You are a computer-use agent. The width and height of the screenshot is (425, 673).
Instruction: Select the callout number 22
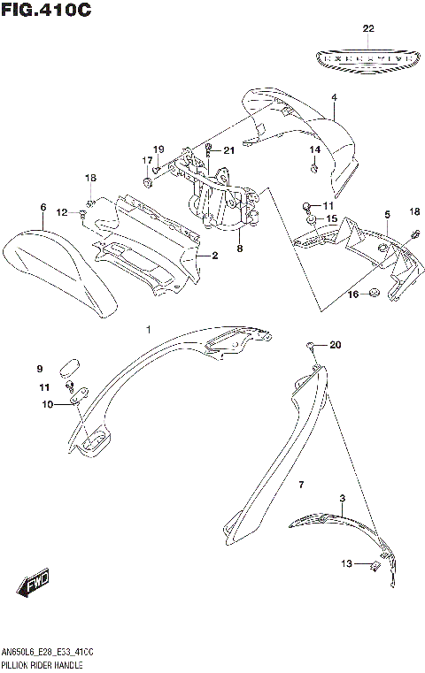coord(368,28)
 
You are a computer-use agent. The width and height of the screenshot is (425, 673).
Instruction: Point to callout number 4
coord(335,98)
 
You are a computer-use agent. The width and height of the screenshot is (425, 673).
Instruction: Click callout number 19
coord(158,148)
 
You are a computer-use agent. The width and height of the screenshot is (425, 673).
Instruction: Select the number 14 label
coord(314,149)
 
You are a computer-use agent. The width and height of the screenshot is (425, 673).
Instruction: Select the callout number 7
coord(301,485)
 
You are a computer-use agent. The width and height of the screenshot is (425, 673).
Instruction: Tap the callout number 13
coord(348,563)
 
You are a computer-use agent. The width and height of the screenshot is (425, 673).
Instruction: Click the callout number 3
coord(342,499)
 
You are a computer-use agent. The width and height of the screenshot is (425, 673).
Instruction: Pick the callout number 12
coord(62,212)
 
